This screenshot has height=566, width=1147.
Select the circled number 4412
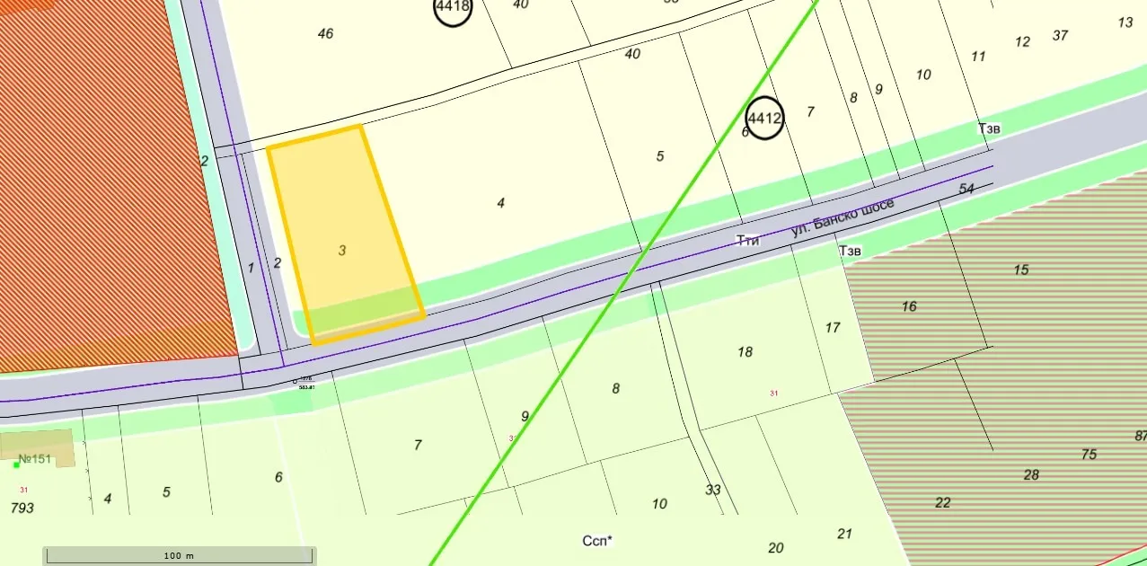pos(765,118)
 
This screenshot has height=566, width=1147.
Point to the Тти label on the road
pos(747,241)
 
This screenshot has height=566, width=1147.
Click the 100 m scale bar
pos(180,555)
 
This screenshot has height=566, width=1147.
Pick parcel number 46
pos(325,33)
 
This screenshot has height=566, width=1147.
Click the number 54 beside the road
pos(966,189)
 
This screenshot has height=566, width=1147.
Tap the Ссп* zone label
pos(597,541)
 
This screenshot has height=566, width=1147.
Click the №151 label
pos(36,459)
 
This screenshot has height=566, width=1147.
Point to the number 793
pos(22,508)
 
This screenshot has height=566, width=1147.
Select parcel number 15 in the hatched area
pos(1020,270)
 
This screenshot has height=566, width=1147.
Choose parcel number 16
pos(909,306)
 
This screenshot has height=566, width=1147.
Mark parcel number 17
pos(833,327)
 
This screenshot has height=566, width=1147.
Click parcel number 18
pos(745,351)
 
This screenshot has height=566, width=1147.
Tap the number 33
pos(713,490)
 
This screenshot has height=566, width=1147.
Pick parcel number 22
pos(942,502)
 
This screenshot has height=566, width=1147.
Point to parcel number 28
pos(1031,474)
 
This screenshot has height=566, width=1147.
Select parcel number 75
pos(1089,455)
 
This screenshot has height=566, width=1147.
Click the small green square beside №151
pos(16,464)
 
